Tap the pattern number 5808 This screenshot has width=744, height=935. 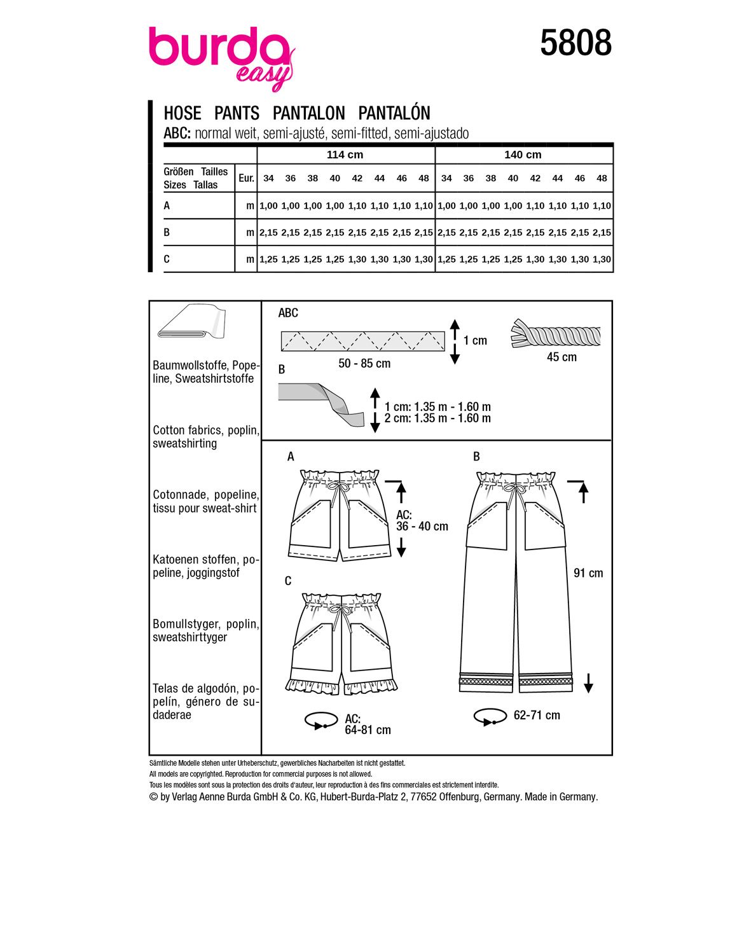tap(575, 44)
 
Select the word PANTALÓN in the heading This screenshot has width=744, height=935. tap(394, 113)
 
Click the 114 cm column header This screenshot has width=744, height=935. tap(345, 155)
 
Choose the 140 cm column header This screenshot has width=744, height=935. tap(523, 155)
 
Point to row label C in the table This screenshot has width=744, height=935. tap(167, 259)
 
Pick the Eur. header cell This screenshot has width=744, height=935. tap(246, 179)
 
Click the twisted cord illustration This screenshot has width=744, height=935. tap(555, 333)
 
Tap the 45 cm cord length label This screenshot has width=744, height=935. tap(561, 357)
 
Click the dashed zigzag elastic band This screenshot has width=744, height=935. tap(362, 341)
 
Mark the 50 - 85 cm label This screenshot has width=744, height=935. tap(364, 364)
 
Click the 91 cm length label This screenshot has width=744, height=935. tap(588, 573)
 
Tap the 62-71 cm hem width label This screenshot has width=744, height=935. tap(537, 716)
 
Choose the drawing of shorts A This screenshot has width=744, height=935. tap(340, 515)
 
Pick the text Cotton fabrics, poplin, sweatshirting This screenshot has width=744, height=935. tap(205, 437)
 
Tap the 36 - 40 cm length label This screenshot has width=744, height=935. tap(422, 527)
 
